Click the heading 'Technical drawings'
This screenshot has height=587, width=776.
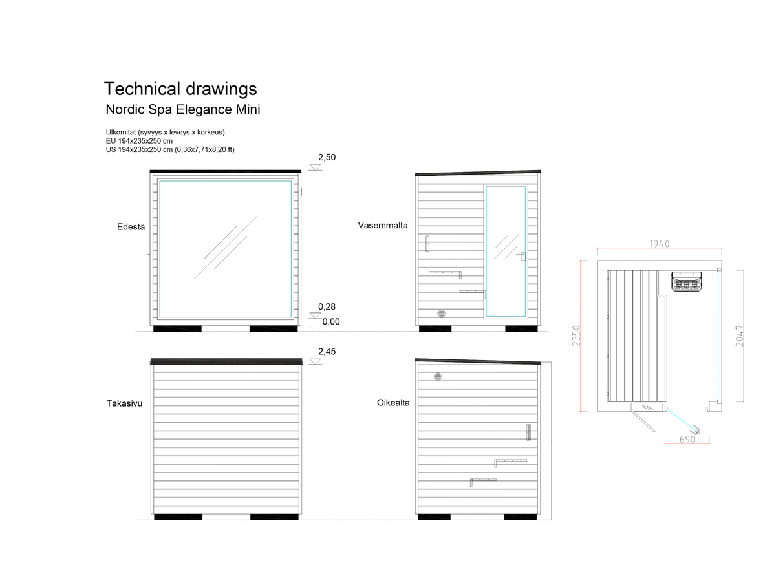[180, 89]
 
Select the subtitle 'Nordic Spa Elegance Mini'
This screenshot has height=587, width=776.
[182, 109]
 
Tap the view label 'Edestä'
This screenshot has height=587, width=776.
[131, 227]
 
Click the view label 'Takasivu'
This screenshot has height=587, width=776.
[124, 403]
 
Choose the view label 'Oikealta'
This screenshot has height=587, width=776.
[393, 403]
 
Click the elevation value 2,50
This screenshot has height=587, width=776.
[326, 157]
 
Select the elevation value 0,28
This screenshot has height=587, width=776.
[326, 306]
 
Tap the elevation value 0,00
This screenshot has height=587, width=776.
[330, 321]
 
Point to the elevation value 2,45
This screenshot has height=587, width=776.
[326, 351]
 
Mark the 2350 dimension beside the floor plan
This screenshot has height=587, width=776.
[576, 336]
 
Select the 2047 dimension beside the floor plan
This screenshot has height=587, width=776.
[738, 336]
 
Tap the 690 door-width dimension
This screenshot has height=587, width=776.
[687, 439]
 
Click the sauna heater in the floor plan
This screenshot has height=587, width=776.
[686, 282]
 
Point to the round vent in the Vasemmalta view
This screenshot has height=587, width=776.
[441, 314]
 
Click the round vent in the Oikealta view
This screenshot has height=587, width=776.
[437, 377]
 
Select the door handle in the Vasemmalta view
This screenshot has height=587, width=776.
[521, 256]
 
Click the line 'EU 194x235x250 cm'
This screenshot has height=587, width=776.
[139, 141]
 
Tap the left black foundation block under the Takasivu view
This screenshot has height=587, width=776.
[178, 517]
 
